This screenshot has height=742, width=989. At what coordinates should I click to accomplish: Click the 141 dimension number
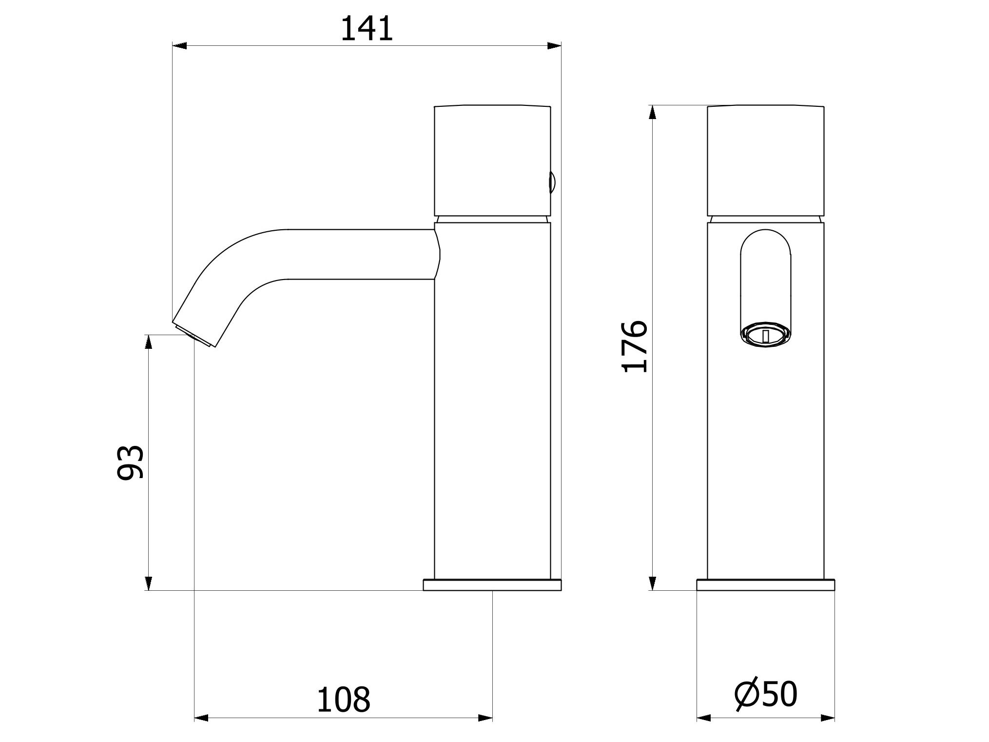pyautogui.click(x=366, y=29)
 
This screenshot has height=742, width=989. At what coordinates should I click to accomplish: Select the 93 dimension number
pyautogui.click(x=131, y=462)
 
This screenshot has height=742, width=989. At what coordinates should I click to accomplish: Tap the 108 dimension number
pyautogui.click(x=344, y=700)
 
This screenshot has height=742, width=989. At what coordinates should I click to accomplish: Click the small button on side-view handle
pyautogui.click(x=553, y=182)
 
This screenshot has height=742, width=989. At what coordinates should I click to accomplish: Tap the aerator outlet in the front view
pyautogui.click(x=765, y=336)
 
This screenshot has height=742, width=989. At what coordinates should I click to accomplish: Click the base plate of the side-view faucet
pyautogui.click(x=492, y=585)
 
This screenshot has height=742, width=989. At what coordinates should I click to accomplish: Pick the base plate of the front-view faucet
pyautogui.click(x=765, y=585)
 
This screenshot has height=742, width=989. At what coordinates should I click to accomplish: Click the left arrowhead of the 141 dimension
pyautogui.click(x=179, y=46)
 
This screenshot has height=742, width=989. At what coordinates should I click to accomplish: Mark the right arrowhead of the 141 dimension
pyautogui.click(x=554, y=46)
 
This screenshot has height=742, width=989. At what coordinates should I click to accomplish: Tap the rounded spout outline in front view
pyautogui.click(x=765, y=283)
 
